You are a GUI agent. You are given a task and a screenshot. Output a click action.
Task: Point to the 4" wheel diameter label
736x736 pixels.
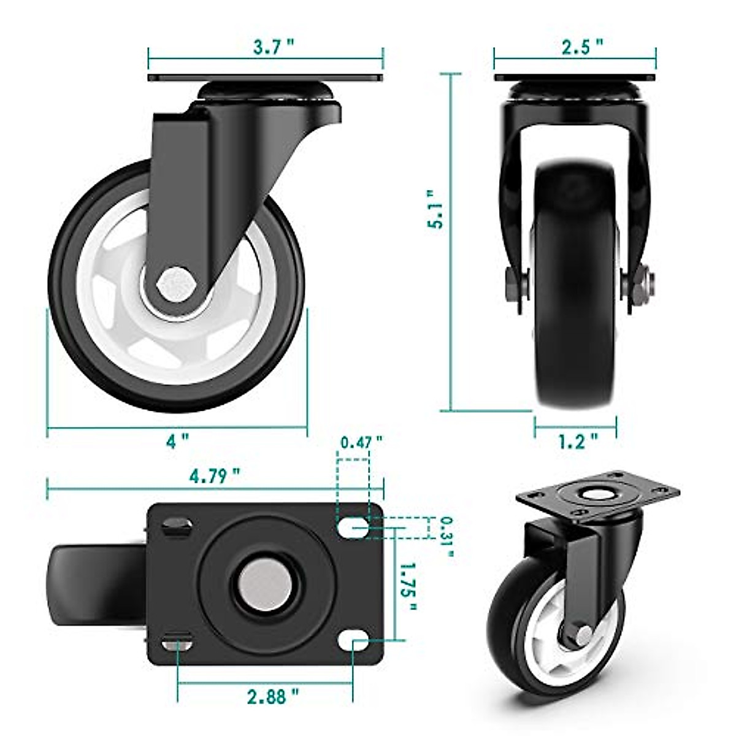[177, 440]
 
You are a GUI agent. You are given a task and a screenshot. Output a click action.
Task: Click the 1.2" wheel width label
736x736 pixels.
[577, 441]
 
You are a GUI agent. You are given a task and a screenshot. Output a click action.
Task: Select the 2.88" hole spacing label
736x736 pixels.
[273, 697]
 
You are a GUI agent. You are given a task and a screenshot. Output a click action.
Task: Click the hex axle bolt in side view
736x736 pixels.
[176, 284]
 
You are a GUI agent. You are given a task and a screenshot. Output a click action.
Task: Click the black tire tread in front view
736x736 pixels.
[575, 343]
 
